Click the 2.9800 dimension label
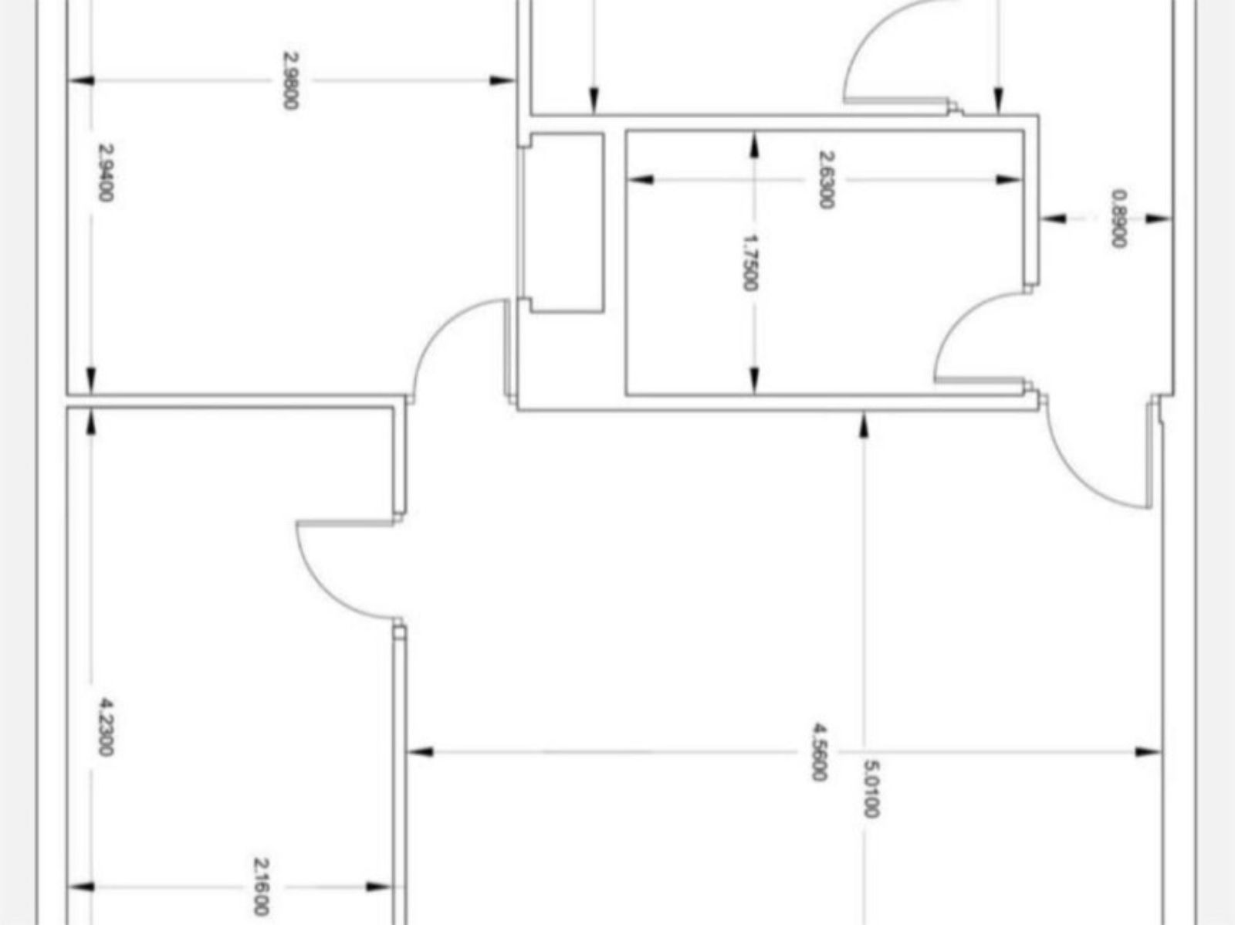click(290, 80)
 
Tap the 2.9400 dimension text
click(106, 172)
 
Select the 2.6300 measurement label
click(825, 179)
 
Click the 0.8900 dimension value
click(1118, 219)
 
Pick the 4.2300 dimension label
click(106, 727)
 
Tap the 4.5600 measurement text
click(820, 751)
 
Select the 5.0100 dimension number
click(871, 788)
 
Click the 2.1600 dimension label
click(262, 886)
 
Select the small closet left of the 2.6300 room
click(567, 222)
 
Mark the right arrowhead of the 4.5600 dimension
click(1149, 751)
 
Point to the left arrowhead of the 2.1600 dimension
click(81, 886)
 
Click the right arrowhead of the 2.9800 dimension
click(502, 80)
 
